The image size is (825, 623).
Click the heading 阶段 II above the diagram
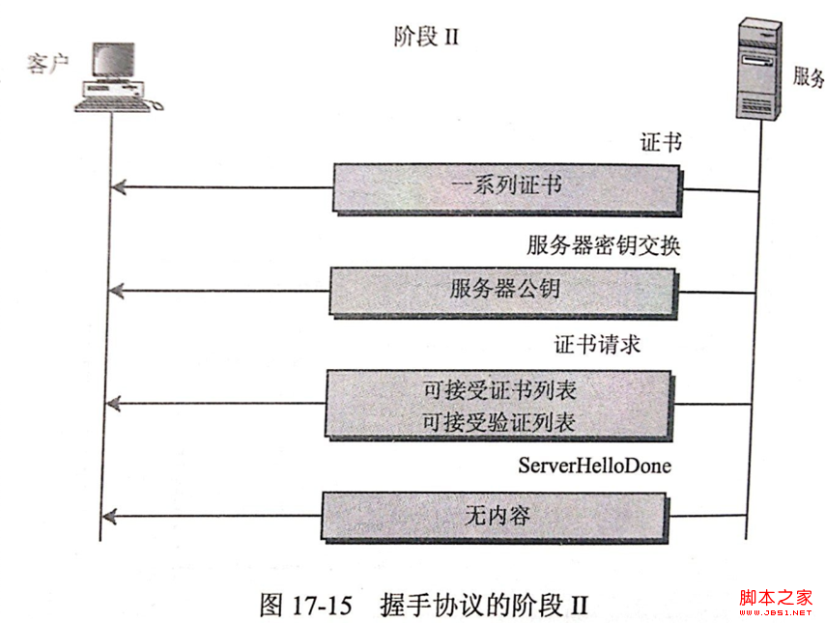click(426, 37)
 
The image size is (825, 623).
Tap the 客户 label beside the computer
click(47, 63)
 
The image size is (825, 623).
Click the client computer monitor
click(113, 61)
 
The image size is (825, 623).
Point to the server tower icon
click(758, 69)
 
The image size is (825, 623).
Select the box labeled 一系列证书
click(506, 188)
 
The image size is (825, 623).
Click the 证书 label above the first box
click(661, 142)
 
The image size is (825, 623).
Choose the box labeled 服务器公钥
click(503, 292)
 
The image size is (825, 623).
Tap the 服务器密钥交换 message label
click(604, 245)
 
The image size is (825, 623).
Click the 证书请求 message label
click(597, 345)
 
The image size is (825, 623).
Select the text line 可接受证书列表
click(499, 390)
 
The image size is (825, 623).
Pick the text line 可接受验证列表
click(498, 422)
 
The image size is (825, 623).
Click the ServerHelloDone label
click(594, 466)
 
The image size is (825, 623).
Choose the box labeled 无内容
click(496, 518)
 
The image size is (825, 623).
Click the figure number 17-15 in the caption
click(321, 605)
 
